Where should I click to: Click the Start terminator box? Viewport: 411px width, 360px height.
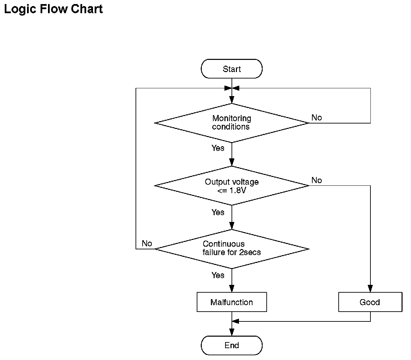tap(232, 69)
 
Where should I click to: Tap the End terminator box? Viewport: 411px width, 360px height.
tap(232, 345)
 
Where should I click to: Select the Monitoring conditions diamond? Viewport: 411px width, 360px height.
tap(232, 123)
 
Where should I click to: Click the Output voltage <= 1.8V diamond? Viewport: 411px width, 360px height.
tap(232, 186)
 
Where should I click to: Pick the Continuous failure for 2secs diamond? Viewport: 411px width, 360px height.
tap(232, 249)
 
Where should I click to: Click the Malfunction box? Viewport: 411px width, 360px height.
tap(232, 302)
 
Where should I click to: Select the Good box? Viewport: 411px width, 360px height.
tap(370, 302)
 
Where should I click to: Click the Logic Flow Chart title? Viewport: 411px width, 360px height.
tap(53, 9)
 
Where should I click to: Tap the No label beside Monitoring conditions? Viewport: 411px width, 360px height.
tap(317, 117)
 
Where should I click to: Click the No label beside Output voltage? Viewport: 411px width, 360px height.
tap(317, 180)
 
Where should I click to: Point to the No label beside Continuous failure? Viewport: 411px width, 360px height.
tap(147, 243)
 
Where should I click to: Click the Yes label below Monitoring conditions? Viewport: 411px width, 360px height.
tap(218, 148)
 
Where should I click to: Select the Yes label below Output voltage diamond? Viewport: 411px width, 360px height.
tap(218, 212)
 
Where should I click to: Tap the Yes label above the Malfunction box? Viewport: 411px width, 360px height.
tap(218, 275)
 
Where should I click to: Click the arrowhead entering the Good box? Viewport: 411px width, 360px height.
tap(370, 289)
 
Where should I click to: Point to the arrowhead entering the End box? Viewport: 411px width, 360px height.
tap(232, 332)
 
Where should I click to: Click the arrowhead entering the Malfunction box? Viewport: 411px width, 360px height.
tap(232, 289)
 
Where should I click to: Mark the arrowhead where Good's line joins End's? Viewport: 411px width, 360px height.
tap(236, 321)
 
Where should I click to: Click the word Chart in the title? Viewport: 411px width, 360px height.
tap(87, 9)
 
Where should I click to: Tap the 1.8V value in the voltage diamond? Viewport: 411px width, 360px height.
tap(238, 190)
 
